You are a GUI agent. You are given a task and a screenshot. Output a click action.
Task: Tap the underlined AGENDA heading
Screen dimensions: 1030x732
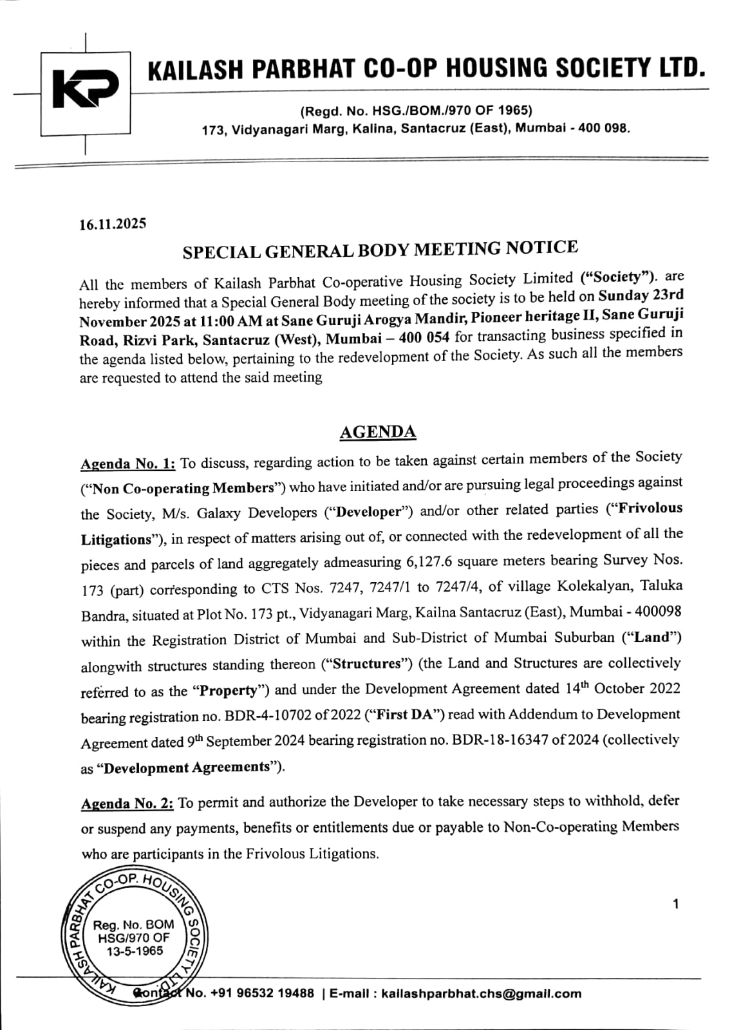378,432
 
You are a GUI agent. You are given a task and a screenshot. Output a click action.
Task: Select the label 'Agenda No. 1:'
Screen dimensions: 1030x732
128,464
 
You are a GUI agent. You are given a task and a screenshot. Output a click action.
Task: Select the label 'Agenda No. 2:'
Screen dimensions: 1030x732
127,803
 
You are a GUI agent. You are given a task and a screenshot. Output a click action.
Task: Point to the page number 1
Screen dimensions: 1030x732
675,904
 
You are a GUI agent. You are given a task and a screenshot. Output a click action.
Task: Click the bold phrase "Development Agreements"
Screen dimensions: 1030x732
187,767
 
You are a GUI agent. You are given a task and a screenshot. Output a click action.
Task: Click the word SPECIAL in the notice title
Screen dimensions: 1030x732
217,252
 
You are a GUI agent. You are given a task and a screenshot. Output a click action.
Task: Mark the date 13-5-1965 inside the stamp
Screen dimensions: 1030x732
135,951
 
